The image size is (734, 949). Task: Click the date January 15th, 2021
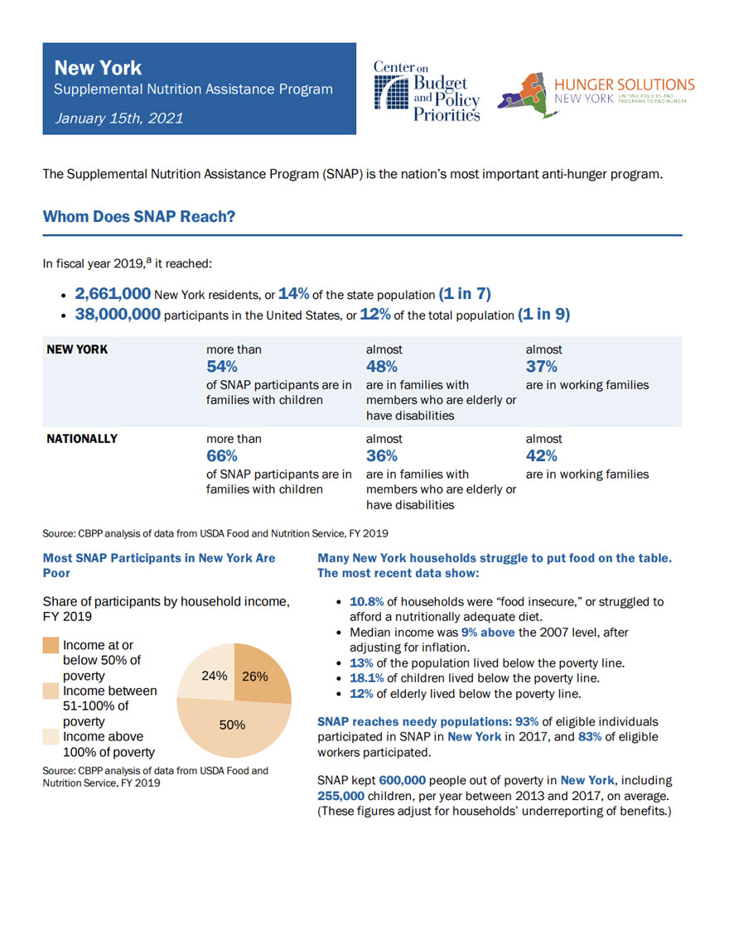click(119, 118)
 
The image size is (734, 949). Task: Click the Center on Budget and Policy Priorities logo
click(427, 90)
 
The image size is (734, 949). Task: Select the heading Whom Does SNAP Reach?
click(139, 217)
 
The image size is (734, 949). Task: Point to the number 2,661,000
click(113, 294)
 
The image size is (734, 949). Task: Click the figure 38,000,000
click(118, 316)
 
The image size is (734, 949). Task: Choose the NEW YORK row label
click(77, 349)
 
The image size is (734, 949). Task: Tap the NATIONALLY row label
click(82, 439)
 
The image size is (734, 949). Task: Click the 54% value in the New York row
click(222, 367)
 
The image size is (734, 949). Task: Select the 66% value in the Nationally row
click(222, 456)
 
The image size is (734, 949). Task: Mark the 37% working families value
click(542, 367)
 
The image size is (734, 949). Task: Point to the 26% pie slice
click(255, 676)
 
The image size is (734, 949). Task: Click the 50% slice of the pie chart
click(232, 725)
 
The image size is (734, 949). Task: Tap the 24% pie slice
click(214, 676)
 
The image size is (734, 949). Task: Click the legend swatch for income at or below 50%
click(51, 646)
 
